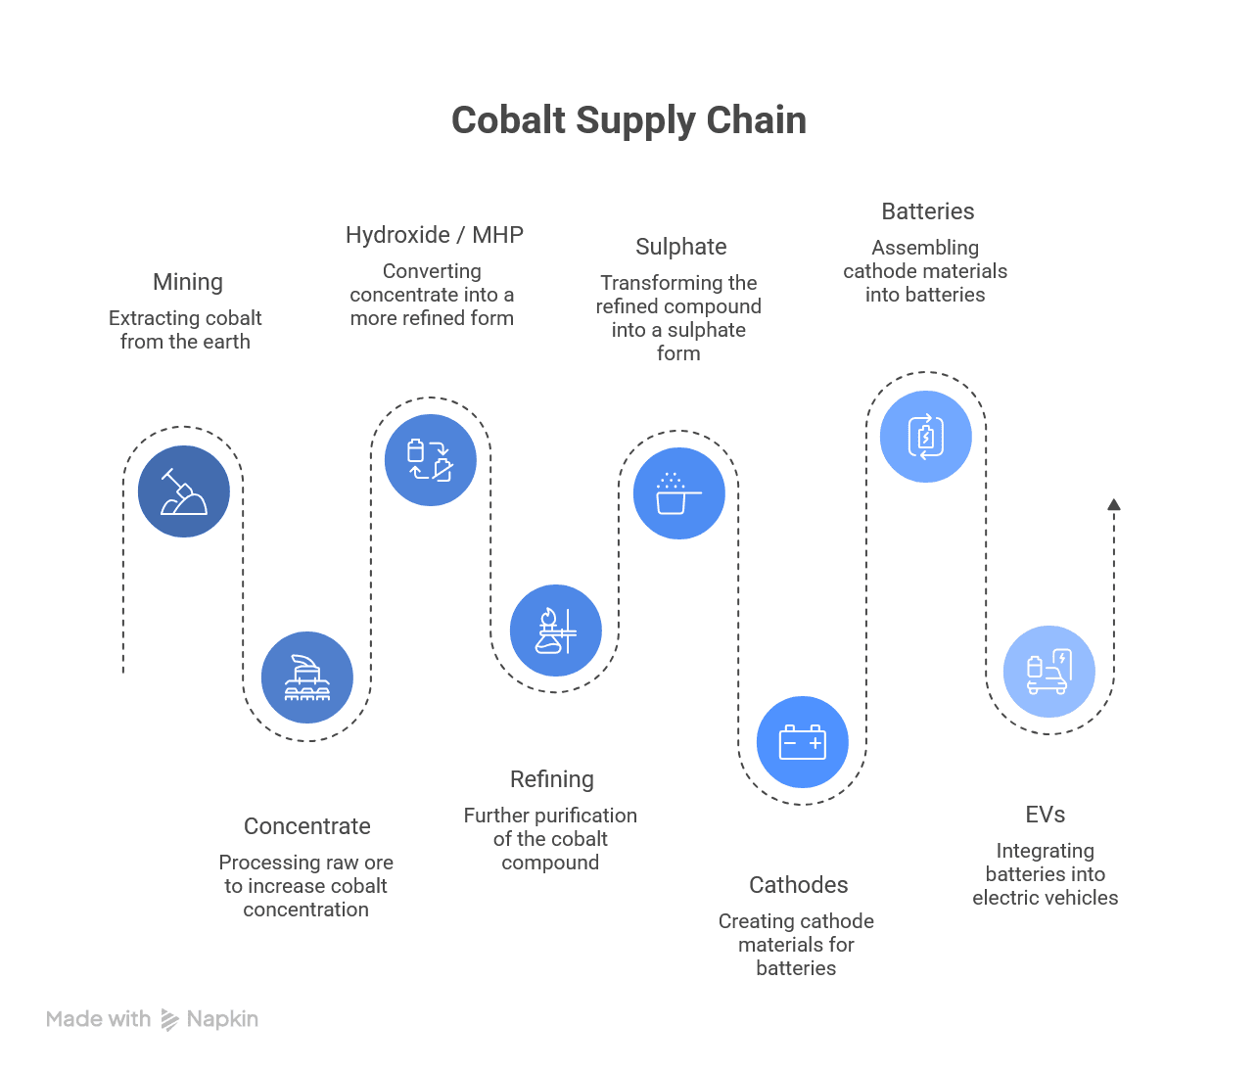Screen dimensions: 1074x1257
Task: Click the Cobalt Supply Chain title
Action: [x=628, y=120]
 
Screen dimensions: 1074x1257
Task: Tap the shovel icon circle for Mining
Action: [x=184, y=491]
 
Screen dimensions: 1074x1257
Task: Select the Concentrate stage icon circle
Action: [x=307, y=677]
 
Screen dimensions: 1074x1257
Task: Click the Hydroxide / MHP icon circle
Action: [x=431, y=460]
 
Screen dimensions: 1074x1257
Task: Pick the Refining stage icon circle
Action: [x=555, y=630]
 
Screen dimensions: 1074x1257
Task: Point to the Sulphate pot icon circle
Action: [x=678, y=493]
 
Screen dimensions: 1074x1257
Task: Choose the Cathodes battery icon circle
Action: [x=803, y=742]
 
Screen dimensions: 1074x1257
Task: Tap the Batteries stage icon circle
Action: [x=926, y=437]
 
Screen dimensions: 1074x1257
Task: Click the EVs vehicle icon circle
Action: [x=1049, y=672]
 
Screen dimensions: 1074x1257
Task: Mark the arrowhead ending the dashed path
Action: [x=1114, y=505]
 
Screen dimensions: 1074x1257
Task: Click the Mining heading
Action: [x=188, y=282]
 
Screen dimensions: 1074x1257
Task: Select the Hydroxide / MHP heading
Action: [x=435, y=235]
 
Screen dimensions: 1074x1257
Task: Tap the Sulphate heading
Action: [x=681, y=247]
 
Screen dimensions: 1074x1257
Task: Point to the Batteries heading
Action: [x=928, y=211]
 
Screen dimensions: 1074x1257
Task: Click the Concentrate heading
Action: [x=307, y=826]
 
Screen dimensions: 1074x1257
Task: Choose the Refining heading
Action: [x=552, y=779]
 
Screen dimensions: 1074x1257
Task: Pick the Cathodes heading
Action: [x=799, y=885]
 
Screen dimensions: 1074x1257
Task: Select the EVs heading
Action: [x=1046, y=815]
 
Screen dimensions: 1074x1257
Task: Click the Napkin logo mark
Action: [x=169, y=1020]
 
